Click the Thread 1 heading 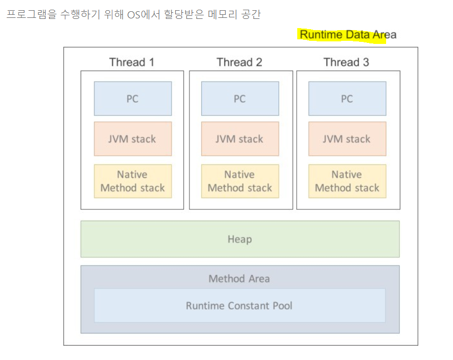coord(132,62)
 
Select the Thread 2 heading coord(239,62)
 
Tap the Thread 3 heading coord(346,62)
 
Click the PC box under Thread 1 coord(133,99)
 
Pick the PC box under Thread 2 coord(240,99)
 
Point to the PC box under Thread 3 coord(347,99)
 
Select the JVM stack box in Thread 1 coord(133,139)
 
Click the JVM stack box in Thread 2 coord(240,139)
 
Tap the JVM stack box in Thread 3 coord(347,139)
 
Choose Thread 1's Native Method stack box coord(133,181)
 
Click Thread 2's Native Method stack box coord(240,181)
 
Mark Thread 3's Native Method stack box coord(347,181)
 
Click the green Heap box coord(240,239)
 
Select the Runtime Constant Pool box coord(240,306)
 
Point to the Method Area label coord(239,279)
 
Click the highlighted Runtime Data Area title coord(348,35)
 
